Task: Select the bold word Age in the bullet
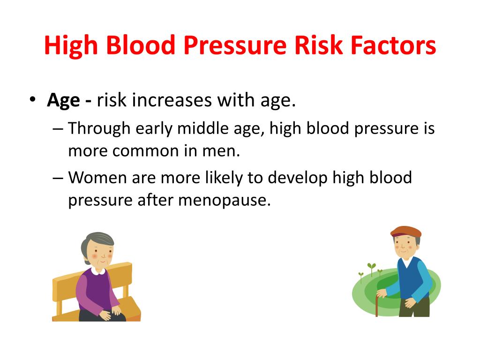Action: pos(63,101)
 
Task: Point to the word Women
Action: pos(97,178)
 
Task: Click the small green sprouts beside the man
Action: pos(370,270)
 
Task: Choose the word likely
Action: pos(219,178)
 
